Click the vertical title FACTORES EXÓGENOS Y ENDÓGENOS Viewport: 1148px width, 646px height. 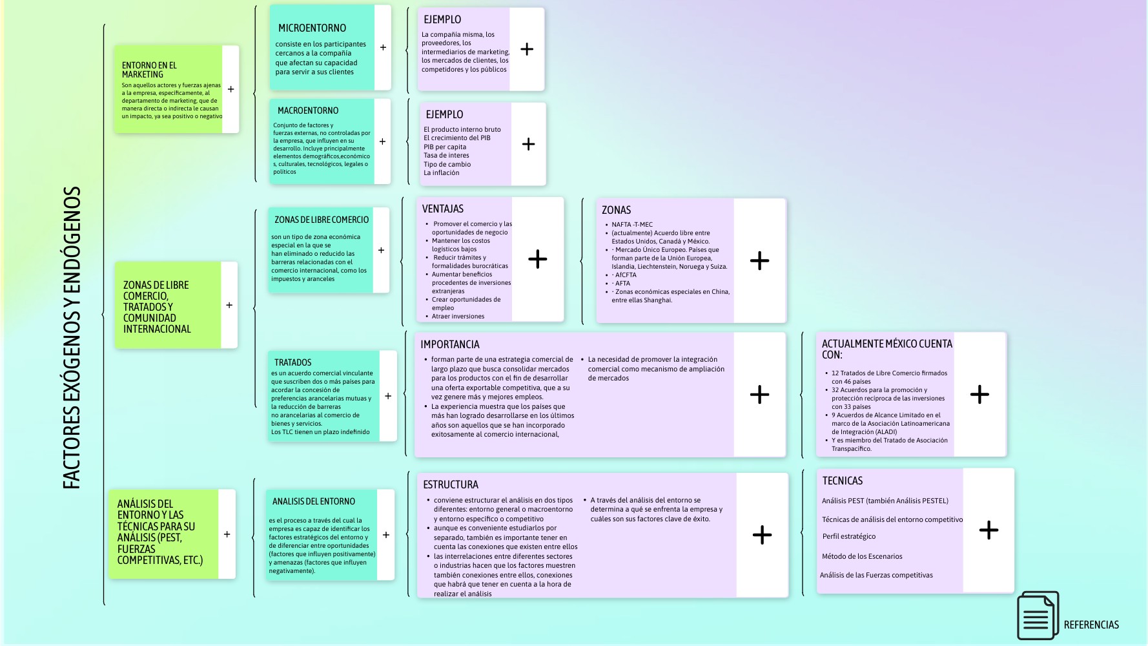coord(72,337)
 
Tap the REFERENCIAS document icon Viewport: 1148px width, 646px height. coord(1038,616)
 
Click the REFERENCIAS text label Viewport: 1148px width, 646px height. coord(1091,625)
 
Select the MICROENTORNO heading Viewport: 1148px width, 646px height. coord(312,28)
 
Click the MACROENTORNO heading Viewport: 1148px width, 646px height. coord(308,110)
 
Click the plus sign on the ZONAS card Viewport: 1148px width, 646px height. coord(759,260)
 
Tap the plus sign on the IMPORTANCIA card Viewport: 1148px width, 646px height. coord(759,394)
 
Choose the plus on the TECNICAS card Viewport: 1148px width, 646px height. coord(989,530)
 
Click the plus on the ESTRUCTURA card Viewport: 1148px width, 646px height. coord(762,534)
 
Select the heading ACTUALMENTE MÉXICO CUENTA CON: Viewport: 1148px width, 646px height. coord(887,349)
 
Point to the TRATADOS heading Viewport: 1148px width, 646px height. coord(292,362)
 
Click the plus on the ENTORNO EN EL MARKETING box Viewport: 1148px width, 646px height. coord(231,89)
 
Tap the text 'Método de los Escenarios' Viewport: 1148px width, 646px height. coord(862,556)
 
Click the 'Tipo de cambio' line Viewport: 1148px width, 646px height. coord(447,164)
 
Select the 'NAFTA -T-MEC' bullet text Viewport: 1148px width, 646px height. coord(632,225)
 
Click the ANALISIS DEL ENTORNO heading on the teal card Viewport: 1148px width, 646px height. coord(313,501)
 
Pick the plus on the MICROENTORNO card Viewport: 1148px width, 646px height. coord(383,47)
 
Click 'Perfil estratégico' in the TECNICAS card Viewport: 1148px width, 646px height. coord(849,536)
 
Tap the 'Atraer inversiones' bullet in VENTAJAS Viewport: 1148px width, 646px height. coord(458,317)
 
